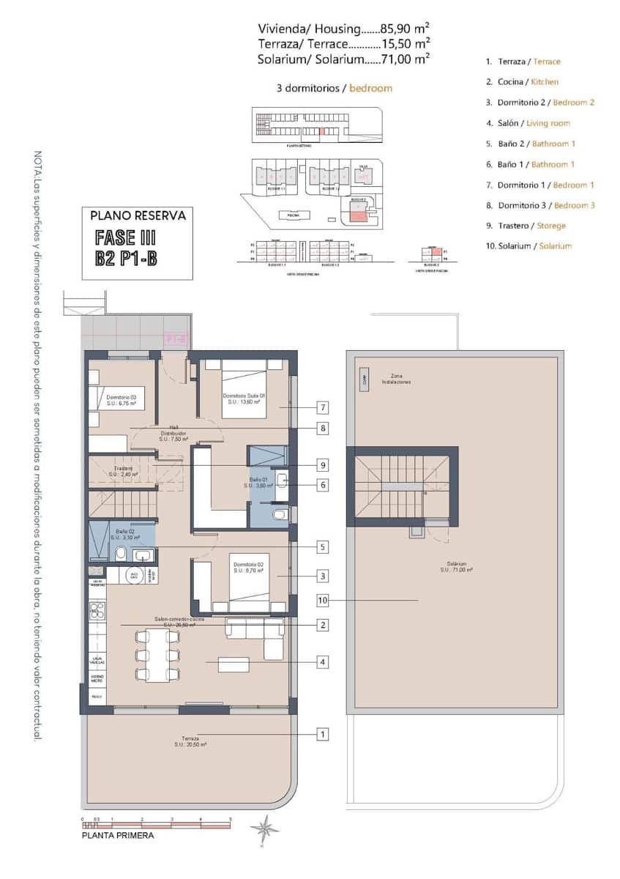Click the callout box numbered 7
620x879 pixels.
[x=322, y=408]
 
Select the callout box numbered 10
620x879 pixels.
[x=322, y=601]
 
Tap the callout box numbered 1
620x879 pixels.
[x=322, y=733]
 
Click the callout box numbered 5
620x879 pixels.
[x=322, y=546]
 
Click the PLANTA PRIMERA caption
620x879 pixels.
[x=118, y=834]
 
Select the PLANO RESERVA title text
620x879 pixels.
[x=138, y=216]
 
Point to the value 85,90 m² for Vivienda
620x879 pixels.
[x=400, y=29]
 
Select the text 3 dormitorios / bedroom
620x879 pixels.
[x=334, y=88]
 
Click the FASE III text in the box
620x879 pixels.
[x=125, y=238]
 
